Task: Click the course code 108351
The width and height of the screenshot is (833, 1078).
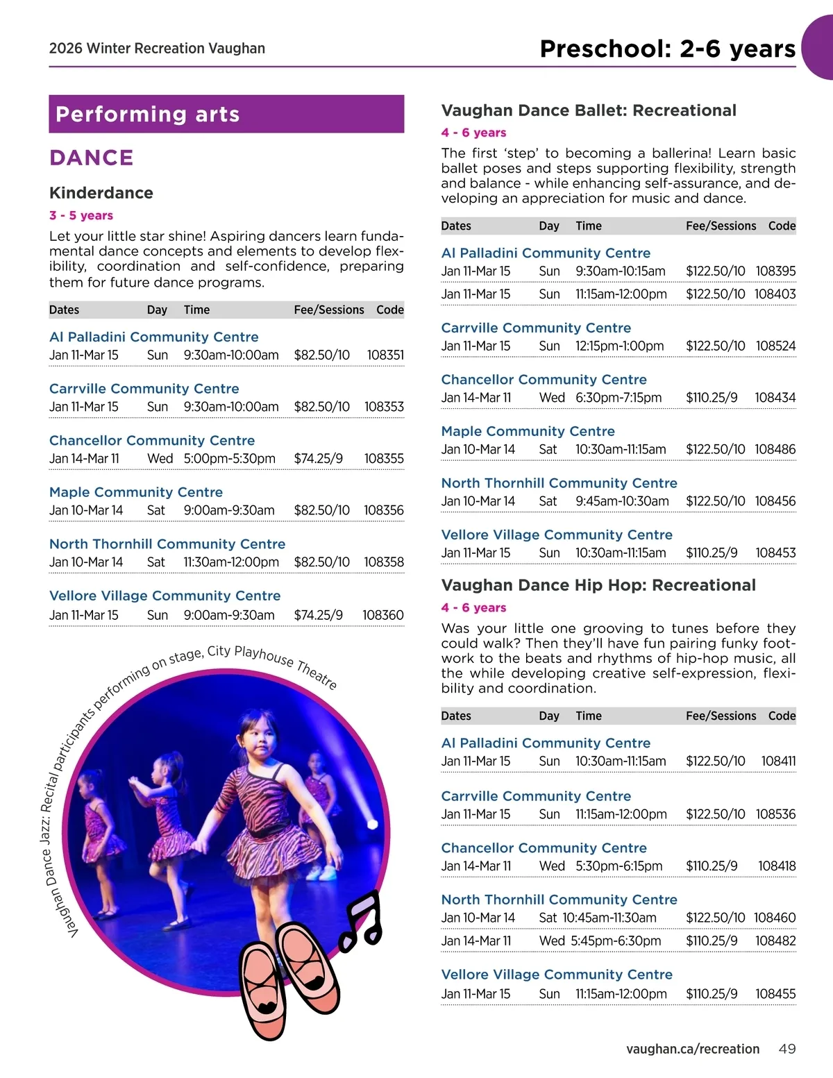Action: pos(385,355)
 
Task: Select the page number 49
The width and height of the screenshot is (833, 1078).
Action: pos(786,1049)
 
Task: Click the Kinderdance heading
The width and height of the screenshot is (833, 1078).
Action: pos(101,193)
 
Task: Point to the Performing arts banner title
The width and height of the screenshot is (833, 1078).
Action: pos(148,115)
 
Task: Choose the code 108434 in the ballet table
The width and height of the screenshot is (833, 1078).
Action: pos(775,398)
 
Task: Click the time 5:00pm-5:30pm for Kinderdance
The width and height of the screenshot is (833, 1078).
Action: pos(230,459)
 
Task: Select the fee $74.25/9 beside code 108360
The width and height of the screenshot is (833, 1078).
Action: pos(318,615)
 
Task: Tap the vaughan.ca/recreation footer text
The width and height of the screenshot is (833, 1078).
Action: pos(692,1049)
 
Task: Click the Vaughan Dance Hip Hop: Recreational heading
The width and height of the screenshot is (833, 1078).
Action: pos(598,585)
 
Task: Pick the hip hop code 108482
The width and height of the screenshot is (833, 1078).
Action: pos(775,941)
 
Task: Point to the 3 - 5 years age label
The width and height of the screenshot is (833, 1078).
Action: pos(81,215)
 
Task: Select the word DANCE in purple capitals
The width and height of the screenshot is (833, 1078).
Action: pos(92,158)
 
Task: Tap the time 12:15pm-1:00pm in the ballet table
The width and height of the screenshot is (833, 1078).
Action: pos(619,346)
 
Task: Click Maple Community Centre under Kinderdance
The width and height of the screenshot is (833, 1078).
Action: pos(136,492)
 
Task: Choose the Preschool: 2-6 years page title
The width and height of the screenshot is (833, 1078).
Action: pos(667,49)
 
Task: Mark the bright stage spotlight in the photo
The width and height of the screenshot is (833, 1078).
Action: pos(371,824)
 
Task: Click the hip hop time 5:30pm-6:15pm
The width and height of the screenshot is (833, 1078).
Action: pos(619,866)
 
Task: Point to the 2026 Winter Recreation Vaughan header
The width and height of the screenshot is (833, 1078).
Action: pos(157,49)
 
